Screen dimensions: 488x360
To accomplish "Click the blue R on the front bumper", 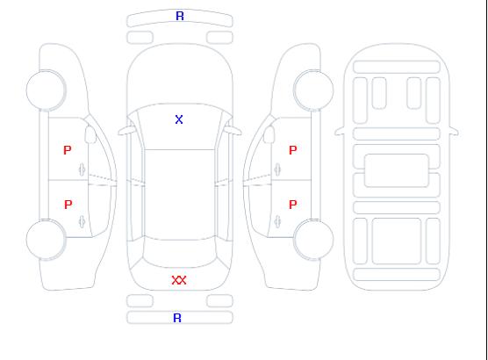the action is [180, 16].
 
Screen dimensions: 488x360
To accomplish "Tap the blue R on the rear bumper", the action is [177, 318].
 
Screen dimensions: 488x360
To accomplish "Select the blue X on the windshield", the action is [179, 119].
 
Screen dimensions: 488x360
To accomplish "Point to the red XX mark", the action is [179, 280].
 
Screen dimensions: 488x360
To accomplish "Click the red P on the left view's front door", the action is [68, 150].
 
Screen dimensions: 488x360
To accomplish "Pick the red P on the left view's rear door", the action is [68, 205].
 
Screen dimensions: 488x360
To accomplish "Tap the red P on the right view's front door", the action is [293, 150].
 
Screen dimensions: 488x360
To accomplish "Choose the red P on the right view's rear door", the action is [293, 205].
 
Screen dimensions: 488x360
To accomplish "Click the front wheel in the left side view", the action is [46, 90].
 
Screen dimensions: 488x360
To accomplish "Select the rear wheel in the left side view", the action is [46, 240].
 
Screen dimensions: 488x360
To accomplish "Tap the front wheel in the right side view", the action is [313, 90].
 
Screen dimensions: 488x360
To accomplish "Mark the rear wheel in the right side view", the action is [313, 240].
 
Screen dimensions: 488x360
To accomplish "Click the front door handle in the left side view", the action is [83, 169].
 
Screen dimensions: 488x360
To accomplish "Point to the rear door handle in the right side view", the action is [277, 221].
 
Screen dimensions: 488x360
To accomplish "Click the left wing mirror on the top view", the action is [126, 131].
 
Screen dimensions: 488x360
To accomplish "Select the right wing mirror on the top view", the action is [233, 131].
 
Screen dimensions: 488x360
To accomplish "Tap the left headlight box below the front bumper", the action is [140, 38].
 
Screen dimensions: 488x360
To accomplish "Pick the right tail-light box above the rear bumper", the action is [219, 301].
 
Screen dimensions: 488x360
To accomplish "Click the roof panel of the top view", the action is [180, 195].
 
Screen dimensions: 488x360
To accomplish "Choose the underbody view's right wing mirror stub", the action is [454, 132].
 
